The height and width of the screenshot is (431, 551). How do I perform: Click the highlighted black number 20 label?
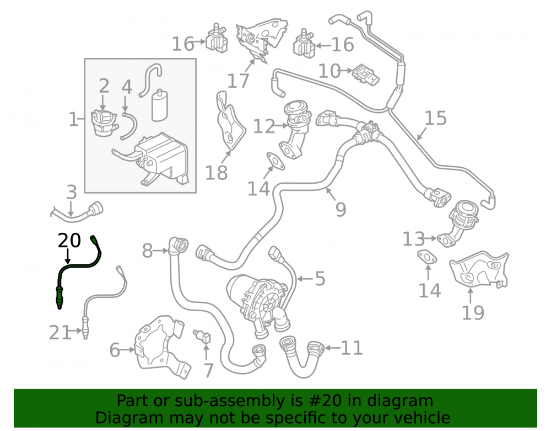click(x=69, y=241)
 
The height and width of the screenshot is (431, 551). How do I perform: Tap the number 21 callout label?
click(x=60, y=332)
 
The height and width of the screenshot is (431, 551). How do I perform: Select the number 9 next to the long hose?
click(x=341, y=209)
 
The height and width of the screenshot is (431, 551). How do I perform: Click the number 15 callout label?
click(x=435, y=118)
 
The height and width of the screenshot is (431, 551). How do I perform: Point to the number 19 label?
click(x=473, y=312)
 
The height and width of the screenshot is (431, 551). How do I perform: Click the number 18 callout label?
click(x=216, y=173)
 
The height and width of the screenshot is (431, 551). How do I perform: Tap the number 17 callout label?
click(x=238, y=81)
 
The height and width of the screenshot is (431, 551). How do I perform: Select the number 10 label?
click(x=329, y=71)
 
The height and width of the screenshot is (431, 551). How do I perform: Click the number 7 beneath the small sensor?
click(x=209, y=370)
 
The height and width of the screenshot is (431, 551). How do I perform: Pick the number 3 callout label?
click(x=72, y=192)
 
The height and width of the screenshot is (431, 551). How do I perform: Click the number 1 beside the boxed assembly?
click(x=73, y=119)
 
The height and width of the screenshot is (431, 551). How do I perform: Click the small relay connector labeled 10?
click(x=366, y=75)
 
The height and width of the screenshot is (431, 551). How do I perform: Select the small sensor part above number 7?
click(x=202, y=336)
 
